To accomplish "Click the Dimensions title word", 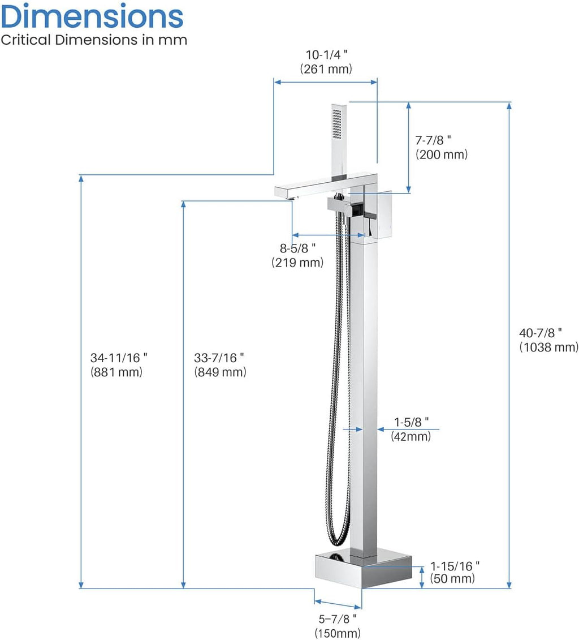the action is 92,16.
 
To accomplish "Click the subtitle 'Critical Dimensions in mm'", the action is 94,40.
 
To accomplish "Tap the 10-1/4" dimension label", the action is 327,55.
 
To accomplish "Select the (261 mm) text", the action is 326,68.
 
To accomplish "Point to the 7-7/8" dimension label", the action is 433,140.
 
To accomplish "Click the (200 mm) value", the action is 442,154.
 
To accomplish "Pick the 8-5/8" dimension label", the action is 297,248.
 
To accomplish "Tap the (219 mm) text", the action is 297,262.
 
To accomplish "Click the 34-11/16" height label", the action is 119,358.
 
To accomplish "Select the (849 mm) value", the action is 220,372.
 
